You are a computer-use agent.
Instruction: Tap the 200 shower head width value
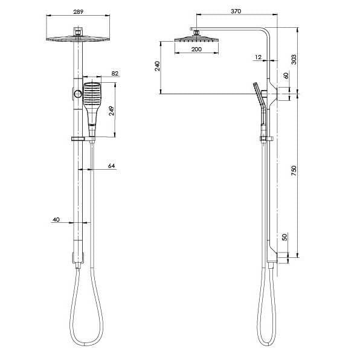[x=196, y=49]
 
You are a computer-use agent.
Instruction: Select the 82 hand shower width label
[x=115, y=74]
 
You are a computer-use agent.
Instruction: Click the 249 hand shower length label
[x=111, y=111]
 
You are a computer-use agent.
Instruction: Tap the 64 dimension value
[x=111, y=165]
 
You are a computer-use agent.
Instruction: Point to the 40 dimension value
[x=56, y=220]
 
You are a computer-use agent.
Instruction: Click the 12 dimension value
[x=259, y=57]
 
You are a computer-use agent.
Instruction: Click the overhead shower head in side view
[x=196, y=40]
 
